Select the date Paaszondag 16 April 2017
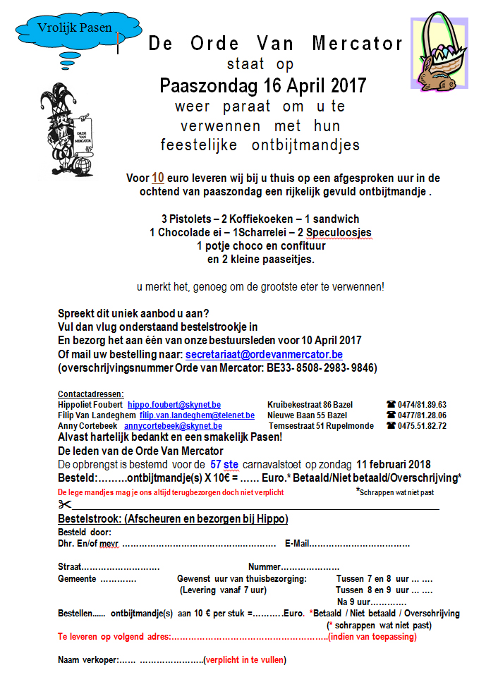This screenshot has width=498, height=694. (262, 86)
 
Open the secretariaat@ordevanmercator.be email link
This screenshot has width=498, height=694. (264, 355)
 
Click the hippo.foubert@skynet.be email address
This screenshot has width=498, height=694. (174, 405)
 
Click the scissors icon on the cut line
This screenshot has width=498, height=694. (65, 504)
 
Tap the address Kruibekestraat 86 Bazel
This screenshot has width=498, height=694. (310, 405)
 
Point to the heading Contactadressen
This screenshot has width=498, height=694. (90, 394)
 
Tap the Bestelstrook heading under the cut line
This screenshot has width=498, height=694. (172, 519)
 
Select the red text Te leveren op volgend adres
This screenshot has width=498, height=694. (113, 637)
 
